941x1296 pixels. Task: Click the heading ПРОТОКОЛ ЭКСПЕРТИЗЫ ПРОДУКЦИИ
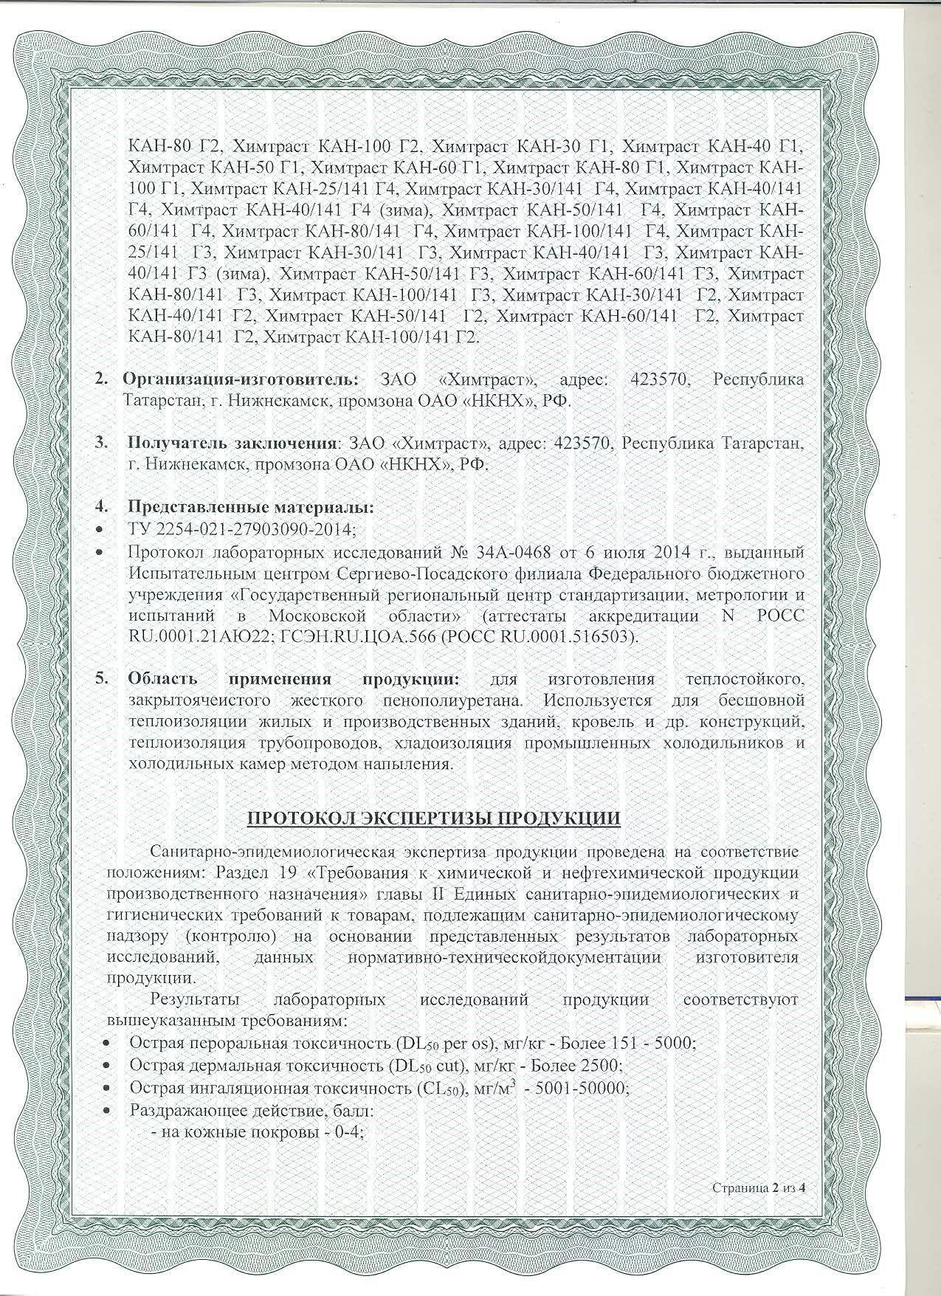coord(433,819)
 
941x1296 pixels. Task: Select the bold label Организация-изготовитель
coord(241,379)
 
